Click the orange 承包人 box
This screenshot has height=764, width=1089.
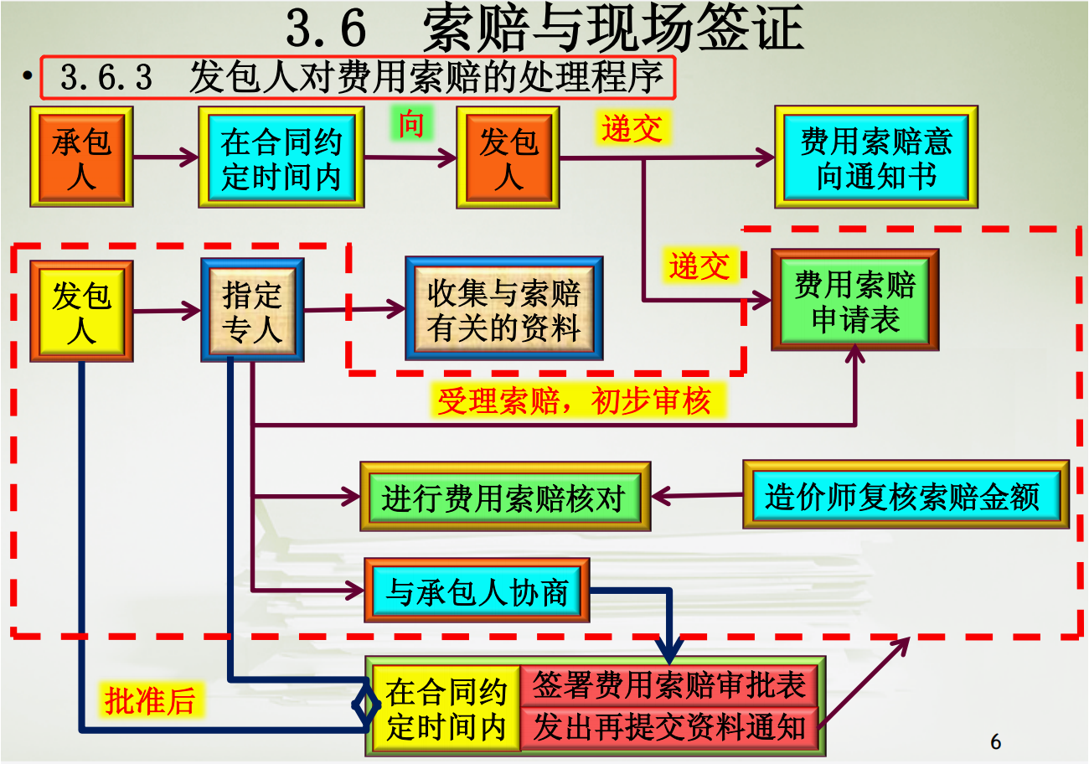click(x=81, y=157)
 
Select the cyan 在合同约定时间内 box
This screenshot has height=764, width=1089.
click(x=281, y=157)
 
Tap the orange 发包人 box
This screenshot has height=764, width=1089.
click(x=507, y=157)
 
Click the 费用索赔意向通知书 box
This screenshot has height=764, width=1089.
click(x=875, y=157)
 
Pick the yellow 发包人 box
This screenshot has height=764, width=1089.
click(x=81, y=311)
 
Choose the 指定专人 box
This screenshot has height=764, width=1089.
click(x=252, y=311)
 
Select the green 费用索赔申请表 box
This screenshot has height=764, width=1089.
click(x=854, y=299)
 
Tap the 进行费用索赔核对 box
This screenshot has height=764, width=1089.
click(x=504, y=496)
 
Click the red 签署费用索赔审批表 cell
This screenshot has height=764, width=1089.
click(x=670, y=685)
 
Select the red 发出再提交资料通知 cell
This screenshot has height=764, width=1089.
click(x=670, y=726)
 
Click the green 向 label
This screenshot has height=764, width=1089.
click(x=410, y=123)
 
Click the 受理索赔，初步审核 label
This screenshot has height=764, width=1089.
click(x=574, y=401)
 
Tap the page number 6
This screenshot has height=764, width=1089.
click(x=995, y=742)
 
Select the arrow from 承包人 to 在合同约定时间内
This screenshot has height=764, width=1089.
click(x=165, y=157)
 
